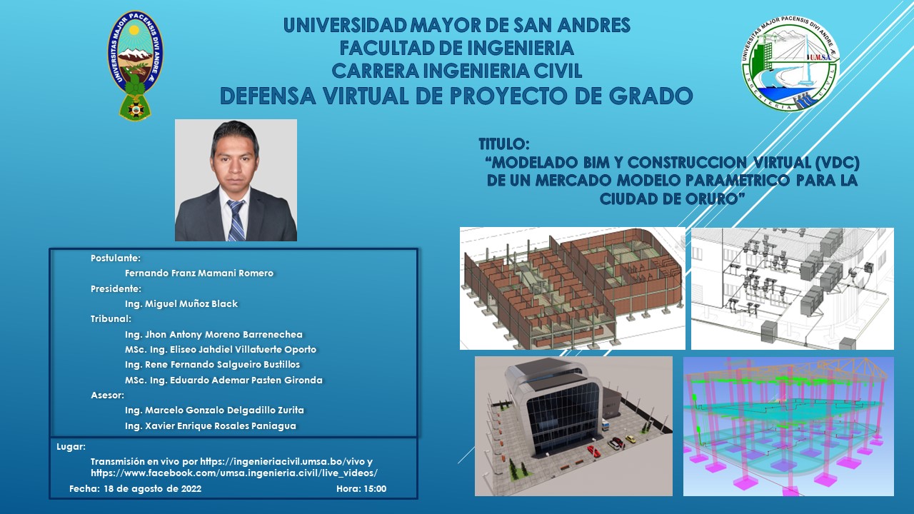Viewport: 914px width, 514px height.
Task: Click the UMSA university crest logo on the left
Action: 135,65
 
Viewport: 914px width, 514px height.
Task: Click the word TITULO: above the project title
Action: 504,144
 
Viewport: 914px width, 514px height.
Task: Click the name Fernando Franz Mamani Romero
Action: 199,273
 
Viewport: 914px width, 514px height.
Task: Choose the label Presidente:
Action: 116,289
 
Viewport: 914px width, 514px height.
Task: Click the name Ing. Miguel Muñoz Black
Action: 181,304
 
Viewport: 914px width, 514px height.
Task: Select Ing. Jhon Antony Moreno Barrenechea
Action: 214,335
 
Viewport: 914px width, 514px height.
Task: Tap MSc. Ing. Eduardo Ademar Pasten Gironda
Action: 224,381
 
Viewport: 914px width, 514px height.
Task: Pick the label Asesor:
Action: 107,395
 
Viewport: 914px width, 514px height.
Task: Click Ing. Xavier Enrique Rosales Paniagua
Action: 211,426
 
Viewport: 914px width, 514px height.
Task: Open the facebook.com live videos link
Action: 234,473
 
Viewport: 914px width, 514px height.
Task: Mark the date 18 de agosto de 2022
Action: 153,489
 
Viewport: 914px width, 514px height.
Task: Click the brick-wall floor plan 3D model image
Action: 573,288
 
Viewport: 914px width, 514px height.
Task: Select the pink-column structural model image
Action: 788,427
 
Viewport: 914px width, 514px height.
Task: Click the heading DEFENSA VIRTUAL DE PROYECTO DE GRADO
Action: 456,96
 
